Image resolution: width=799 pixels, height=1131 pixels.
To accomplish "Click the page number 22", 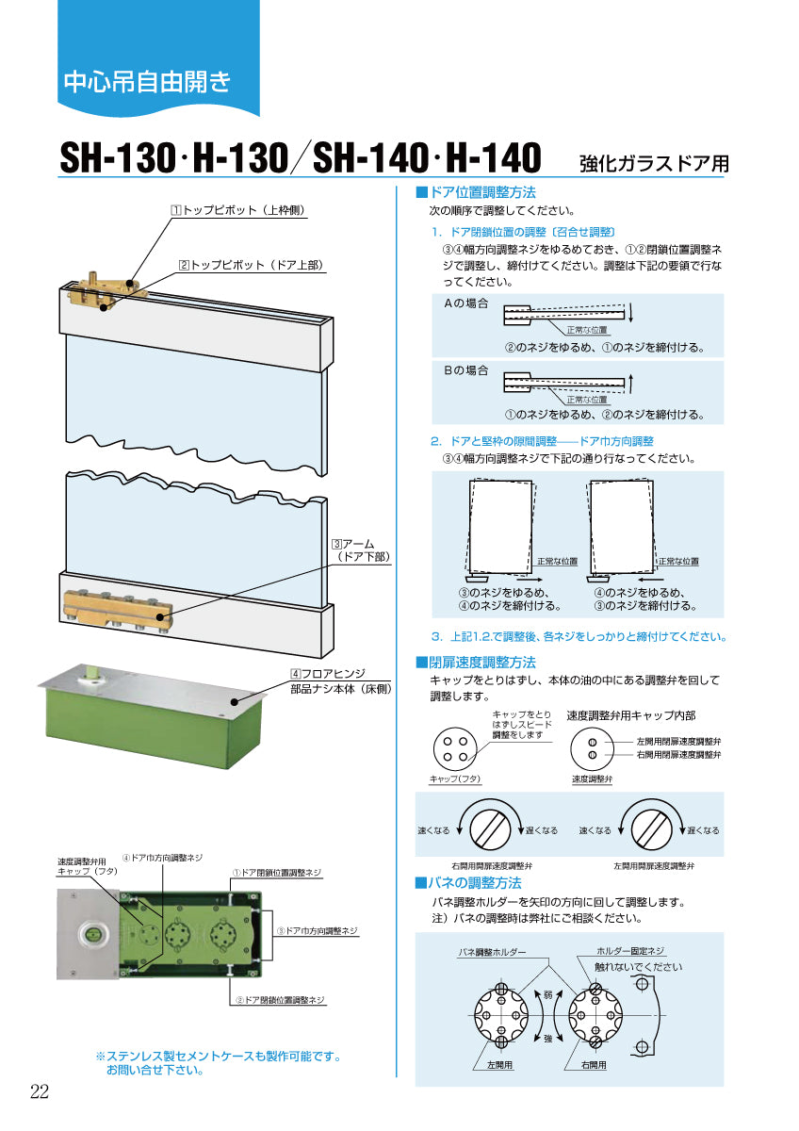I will coord(40,1091).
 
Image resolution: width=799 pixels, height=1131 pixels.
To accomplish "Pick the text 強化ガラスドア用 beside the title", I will coord(654,161).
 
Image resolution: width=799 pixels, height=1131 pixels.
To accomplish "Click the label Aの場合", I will coord(466,303).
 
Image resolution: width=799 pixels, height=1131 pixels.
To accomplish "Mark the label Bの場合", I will coord(466,370).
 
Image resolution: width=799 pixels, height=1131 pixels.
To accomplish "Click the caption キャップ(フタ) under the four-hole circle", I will coord(455,779).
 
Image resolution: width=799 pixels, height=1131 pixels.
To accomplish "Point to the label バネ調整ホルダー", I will coord(492,952).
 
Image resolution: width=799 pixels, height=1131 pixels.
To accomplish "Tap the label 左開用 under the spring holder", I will coord(500,1064).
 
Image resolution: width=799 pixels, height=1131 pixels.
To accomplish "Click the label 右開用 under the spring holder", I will coord(594,1064).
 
